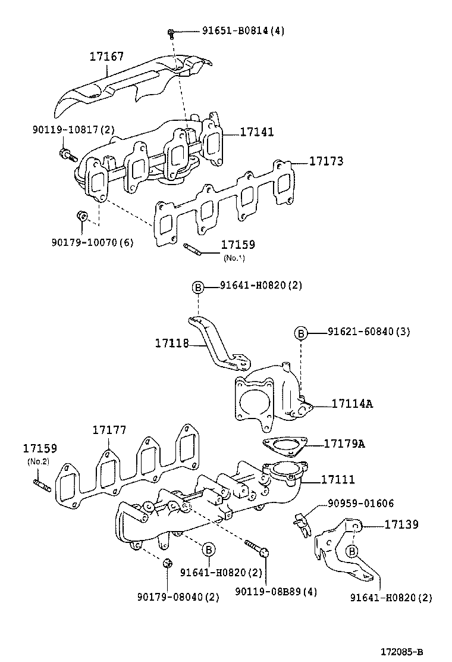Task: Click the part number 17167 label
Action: [106, 57]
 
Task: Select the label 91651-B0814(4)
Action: [235, 31]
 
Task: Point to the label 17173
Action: [325, 161]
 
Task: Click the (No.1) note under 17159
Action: [234, 258]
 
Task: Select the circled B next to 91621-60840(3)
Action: [301, 333]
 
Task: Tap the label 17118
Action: [172, 343]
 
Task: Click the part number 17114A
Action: [352, 404]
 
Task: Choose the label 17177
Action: [109, 430]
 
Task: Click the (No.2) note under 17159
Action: [37, 462]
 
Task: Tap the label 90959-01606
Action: [360, 504]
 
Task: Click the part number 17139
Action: [401, 524]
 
